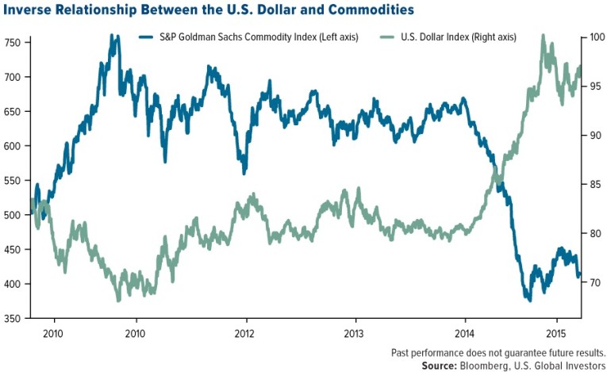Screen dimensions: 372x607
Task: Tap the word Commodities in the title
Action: (x=376, y=11)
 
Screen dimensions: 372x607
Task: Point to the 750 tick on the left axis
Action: (x=13, y=42)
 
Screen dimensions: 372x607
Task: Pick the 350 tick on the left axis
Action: (x=13, y=319)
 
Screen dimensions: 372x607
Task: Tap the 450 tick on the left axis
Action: (x=13, y=249)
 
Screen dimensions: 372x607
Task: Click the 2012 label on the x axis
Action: (x=244, y=333)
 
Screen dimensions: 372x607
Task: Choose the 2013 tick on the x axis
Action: (x=354, y=333)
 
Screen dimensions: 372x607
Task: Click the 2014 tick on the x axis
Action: (x=464, y=333)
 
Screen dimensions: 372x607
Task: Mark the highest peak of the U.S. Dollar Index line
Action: (x=543, y=36)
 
